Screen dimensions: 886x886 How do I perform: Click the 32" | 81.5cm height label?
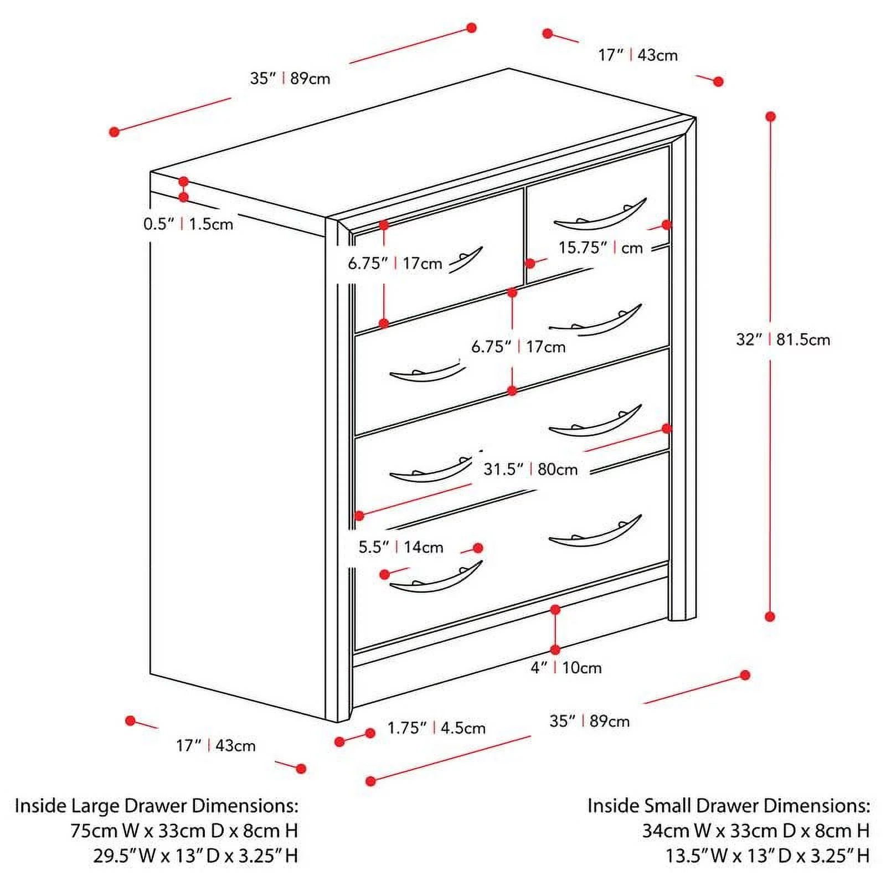click(782, 339)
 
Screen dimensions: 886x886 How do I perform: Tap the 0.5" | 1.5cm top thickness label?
click(188, 224)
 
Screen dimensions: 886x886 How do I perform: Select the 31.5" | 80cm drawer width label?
click(530, 469)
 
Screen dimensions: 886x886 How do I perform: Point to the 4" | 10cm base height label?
click(566, 667)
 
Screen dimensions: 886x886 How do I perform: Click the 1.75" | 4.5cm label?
click(436, 728)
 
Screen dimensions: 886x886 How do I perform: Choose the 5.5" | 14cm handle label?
click(401, 547)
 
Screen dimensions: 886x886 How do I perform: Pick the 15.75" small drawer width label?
click(600, 248)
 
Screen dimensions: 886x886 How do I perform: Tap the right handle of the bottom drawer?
click(595, 533)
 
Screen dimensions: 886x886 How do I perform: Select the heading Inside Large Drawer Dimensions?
click(156, 806)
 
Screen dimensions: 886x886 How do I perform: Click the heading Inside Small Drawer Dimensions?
click(728, 806)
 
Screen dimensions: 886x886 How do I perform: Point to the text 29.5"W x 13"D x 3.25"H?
click(195, 856)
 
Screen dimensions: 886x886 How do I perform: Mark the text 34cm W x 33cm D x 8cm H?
click(755, 831)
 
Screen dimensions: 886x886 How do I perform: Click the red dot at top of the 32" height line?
click(770, 116)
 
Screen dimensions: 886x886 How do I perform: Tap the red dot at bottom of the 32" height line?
click(770, 616)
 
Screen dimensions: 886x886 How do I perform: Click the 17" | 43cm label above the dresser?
click(638, 55)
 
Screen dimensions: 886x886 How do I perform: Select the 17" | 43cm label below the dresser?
click(216, 745)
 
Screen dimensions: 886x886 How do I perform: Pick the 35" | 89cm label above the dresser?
click(290, 78)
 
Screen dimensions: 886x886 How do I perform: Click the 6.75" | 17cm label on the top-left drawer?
click(395, 263)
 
